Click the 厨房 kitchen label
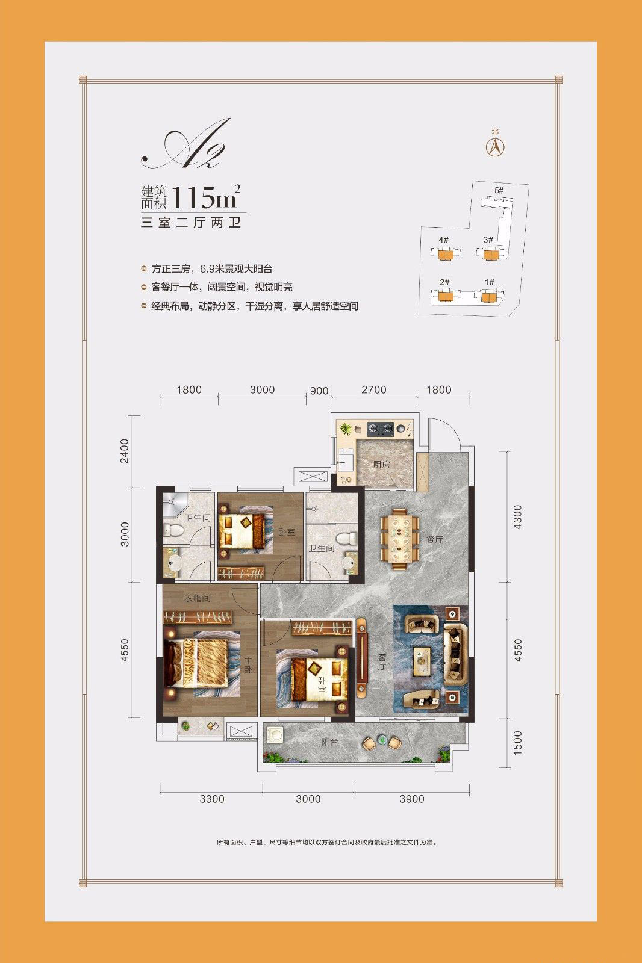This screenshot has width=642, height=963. coord(381,465)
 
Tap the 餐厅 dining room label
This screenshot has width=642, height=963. coord(435,539)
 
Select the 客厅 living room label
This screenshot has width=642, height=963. coord(382,661)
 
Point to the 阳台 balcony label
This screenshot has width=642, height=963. coord(329,742)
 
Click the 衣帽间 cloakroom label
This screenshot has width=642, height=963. coord(198,598)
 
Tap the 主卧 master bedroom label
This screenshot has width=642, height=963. coord(248,664)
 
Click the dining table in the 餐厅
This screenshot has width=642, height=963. coord(400,539)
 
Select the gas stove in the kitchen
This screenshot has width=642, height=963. coord(381,428)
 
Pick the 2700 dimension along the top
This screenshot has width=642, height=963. coord(374,389)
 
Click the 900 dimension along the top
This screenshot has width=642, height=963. coord(319,391)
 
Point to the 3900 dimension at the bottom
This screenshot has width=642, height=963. coord(412,799)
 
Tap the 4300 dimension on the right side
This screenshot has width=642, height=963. coord(518,517)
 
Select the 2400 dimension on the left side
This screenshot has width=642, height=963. coord(124,451)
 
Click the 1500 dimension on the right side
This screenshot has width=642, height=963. coord(518,743)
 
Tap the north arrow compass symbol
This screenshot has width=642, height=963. coord(495,147)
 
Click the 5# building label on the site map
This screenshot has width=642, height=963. coord(499,190)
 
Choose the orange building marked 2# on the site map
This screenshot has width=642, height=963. coord(444,297)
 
